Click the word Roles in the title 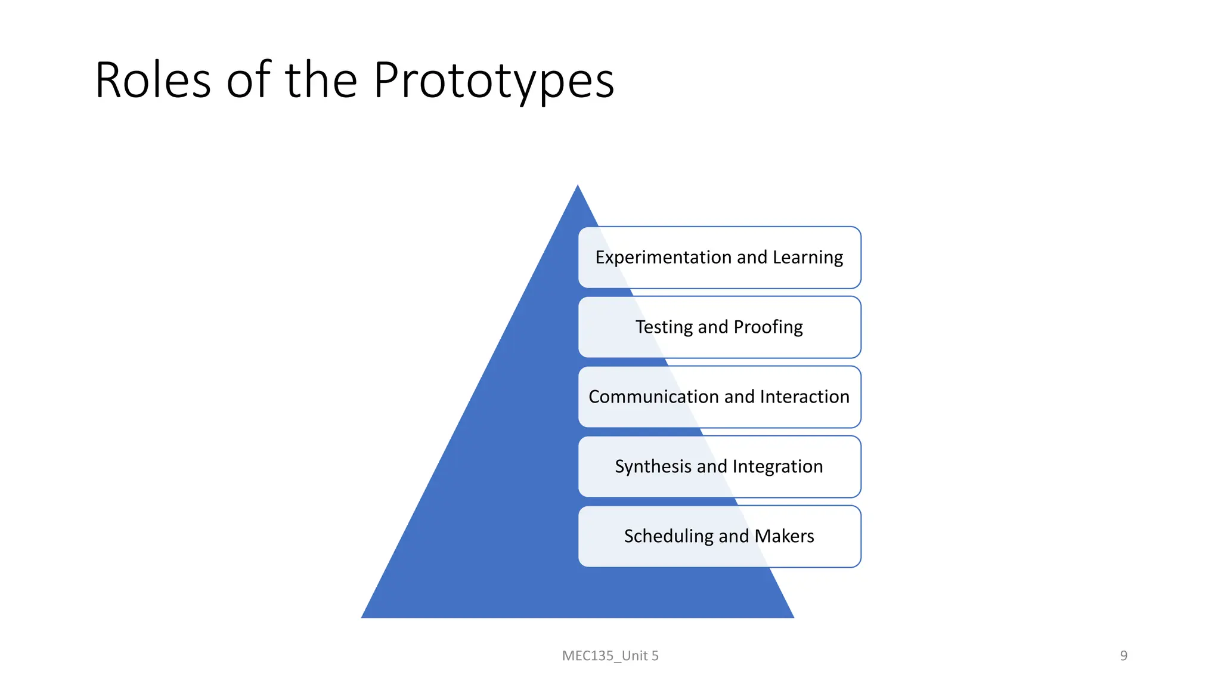point(153,80)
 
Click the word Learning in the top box point(808,258)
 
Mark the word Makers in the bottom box point(784,536)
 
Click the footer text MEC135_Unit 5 point(610,656)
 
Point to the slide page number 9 point(1123,656)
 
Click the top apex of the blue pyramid point(578,187)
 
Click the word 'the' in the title point(321,80)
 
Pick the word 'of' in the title point(248,80)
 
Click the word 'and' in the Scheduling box point(733,536)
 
